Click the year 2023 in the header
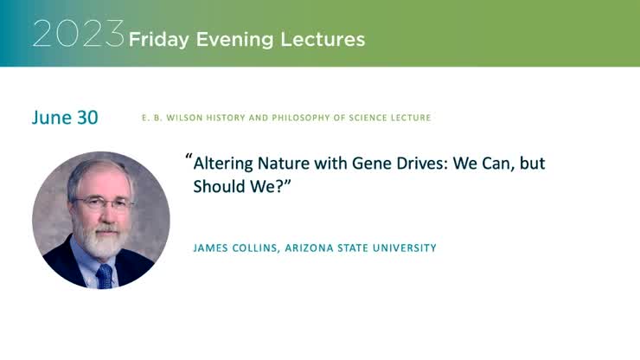[79, 34]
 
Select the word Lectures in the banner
[330, 39]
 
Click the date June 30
[65, 118]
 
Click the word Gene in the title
[364, 163]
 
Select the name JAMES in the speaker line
[213, 248]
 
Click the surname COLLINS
[265, 248]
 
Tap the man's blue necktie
[104, 275]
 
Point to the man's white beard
[103, 241]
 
